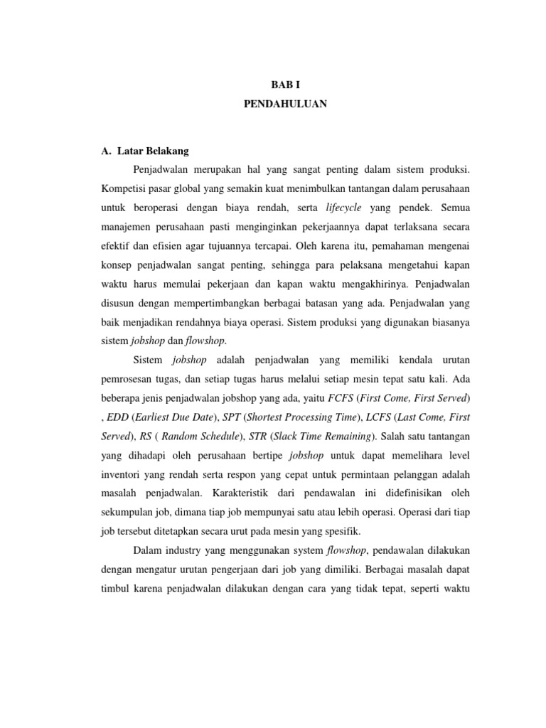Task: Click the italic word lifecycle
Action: (343, 208)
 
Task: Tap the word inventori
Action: (121, 473)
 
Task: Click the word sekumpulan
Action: (129, 511)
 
